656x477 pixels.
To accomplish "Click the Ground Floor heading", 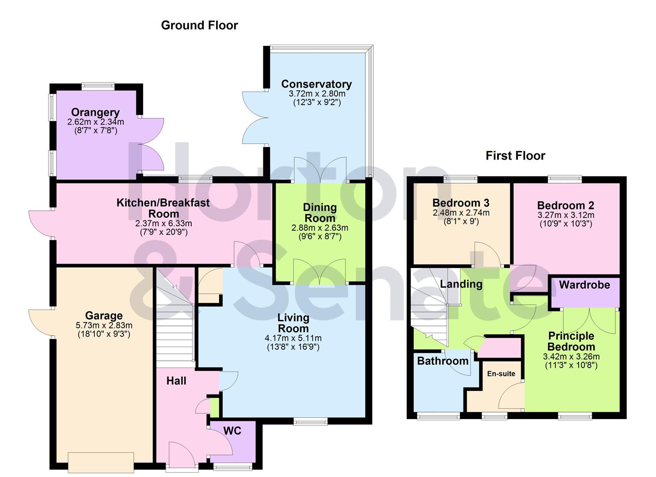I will (199, 26).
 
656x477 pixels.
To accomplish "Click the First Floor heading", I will (515, 156).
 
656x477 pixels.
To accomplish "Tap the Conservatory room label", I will (316, 84).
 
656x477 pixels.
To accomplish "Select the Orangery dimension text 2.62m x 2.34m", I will (95, 122).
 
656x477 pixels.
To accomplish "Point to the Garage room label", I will (104, 316).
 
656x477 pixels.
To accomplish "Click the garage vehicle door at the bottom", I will (101, 462).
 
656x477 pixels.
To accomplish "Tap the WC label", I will (232, 431).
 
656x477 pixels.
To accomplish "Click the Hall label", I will (176, 381).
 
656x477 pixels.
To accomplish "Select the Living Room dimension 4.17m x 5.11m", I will (293, 339).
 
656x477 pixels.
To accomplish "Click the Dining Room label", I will (320, 212).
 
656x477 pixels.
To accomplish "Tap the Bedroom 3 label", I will (461, 203).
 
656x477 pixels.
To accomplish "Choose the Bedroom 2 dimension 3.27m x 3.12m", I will (565, 216).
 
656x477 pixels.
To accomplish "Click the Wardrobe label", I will (584, 285).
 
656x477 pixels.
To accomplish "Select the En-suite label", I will (501, 374).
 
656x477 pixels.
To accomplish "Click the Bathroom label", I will (443, 361).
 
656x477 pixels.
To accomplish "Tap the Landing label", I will (461, 284).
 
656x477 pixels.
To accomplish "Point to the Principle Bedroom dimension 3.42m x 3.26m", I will (571, 357).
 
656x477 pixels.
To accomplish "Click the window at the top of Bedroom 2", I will (565, 178).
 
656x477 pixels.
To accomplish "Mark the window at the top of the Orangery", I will (98, 86).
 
